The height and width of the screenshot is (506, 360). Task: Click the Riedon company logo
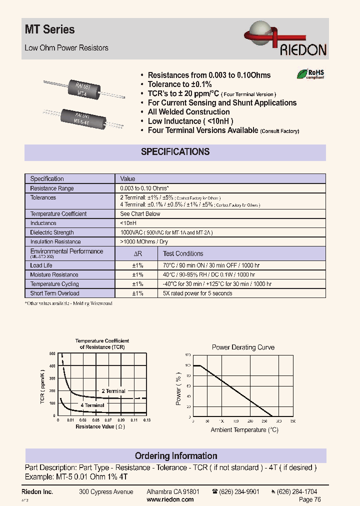pos(285,40)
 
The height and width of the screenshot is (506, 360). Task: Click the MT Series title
pos(49,30)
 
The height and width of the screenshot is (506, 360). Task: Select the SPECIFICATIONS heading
pos(175,152)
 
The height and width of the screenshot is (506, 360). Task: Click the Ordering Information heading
pos(176,456)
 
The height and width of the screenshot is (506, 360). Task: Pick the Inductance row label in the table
pos(43,223)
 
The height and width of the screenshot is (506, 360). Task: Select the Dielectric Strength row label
pos(52,232)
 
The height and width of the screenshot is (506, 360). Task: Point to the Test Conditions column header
pos(183,253)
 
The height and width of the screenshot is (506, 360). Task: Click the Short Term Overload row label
pos(54,293)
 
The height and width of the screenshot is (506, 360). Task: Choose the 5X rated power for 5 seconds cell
pos(197,293)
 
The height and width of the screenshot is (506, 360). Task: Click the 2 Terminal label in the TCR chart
pos(113,391)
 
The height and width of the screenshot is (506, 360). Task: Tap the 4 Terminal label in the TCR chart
pos(92,405)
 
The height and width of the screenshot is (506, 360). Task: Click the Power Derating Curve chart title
pos(243,347)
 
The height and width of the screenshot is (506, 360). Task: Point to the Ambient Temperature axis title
pos(244,430)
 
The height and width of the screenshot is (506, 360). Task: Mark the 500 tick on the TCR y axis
pos(52,354)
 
